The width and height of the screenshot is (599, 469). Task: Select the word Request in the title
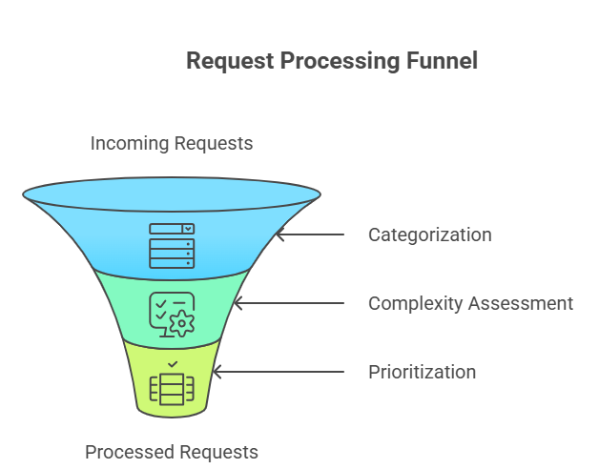tap(227, 61)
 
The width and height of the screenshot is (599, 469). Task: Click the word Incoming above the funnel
tap(130, 144)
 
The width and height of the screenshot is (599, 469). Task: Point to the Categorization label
tap(429, 234)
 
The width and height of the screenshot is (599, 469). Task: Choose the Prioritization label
tap(422, 372)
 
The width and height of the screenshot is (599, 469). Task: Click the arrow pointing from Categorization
tap(310, 234)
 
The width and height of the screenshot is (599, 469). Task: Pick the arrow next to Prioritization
tap(277, 372)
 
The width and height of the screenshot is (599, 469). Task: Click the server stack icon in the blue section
tap(172, 245)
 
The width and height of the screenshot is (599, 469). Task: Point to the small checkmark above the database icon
tap(172, 364)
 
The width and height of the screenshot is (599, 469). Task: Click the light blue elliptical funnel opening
tap(172, 195)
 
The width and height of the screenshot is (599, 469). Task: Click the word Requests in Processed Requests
tap(218, 452)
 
